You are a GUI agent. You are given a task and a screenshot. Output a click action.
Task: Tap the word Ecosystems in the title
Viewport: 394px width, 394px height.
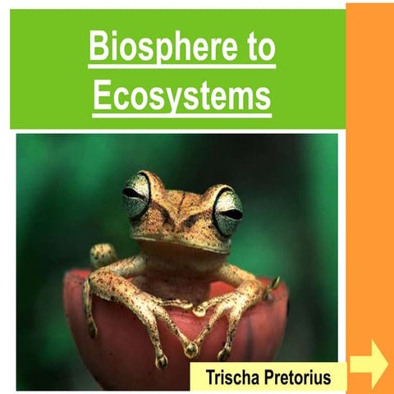coord(181,96)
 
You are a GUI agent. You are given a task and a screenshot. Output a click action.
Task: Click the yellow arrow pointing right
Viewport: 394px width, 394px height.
coord(369,364)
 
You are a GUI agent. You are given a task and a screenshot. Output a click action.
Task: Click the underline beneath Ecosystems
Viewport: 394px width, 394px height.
coord(181,114)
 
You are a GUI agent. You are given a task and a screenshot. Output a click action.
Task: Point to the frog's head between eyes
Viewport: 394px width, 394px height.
coord(182,197)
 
